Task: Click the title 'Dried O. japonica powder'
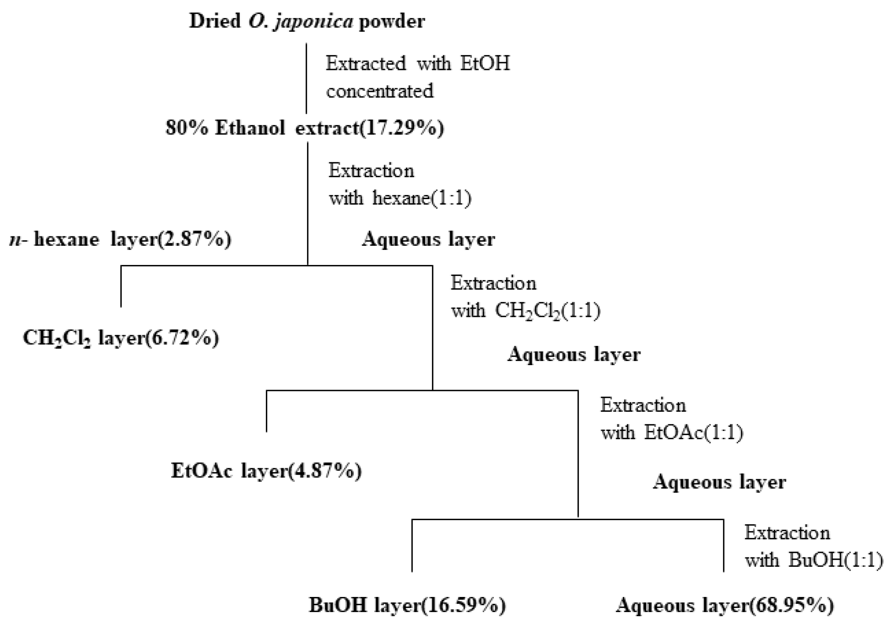click(307, 21)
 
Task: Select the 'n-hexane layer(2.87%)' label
click(120, 239)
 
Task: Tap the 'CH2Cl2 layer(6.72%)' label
click(121, 338)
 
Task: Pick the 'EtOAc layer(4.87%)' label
click(266, 471)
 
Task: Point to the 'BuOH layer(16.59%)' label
click(407, 605)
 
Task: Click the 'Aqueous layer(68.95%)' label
click(725, 605)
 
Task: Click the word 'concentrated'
click(379, 91)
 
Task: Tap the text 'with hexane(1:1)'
click(400, 198)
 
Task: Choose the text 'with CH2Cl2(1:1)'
click(525, 311)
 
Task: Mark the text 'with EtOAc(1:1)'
click(671, 433)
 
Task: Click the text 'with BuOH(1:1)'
click(814, 560)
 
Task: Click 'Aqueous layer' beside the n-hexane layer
click(428, 239)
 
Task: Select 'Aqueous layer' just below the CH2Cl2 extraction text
click(573, 355)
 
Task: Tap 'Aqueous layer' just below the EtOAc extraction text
click(719, 482)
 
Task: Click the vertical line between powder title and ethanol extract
click(306, 78)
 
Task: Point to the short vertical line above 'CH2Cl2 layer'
click(121, 286)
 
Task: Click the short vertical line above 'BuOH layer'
click(412, 546)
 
